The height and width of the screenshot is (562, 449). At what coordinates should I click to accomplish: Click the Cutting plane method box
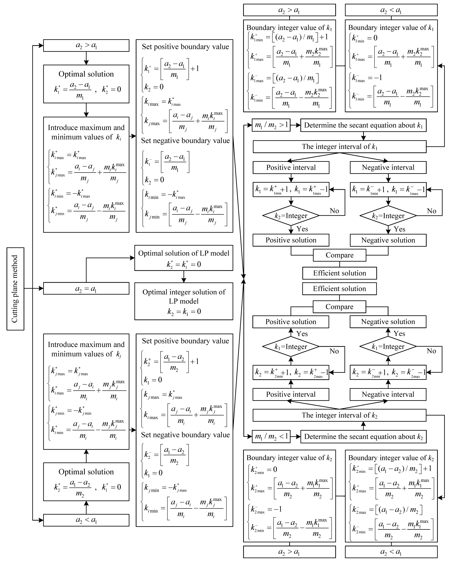[x=15, y=289]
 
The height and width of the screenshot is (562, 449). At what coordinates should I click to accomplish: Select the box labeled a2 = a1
[x=86, y=289]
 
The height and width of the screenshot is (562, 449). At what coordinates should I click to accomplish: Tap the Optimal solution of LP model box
[x=184, y=258]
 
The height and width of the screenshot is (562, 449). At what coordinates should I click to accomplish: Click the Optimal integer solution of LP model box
[x=184, y=301]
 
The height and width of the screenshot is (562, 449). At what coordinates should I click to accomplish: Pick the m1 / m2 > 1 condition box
[x=271, y=125]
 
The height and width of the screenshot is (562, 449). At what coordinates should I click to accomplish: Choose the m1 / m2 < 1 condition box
[x=271, y=437]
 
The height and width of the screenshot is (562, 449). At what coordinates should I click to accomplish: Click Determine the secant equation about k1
[x=363, y=125]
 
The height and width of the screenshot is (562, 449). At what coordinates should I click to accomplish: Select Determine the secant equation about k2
[x=363, y=437]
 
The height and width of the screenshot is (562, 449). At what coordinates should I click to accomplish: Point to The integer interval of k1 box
[x=339, y=147]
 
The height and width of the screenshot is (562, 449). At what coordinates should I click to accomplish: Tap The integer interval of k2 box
[x=339, y=415]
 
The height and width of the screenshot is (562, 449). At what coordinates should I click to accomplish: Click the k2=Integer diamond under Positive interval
[x=291, y=216]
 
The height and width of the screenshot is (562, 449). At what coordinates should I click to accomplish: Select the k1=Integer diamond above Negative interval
[x=388, y=346]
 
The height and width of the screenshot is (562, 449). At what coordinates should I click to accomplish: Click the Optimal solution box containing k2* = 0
[x=86, y=84]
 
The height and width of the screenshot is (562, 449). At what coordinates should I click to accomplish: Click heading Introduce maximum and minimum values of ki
[x=86, y=132]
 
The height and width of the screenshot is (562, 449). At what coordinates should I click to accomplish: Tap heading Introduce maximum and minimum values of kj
[x=86, y=349]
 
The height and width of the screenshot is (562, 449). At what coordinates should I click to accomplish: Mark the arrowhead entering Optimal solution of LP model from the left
[x=132, y=258]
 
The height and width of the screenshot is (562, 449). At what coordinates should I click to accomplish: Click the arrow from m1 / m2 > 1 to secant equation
[x=296, y=125]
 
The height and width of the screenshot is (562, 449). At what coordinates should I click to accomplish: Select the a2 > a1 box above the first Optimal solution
[x=86, y=46]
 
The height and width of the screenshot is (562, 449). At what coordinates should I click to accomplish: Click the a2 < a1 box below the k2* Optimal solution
[x=86, y=520]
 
